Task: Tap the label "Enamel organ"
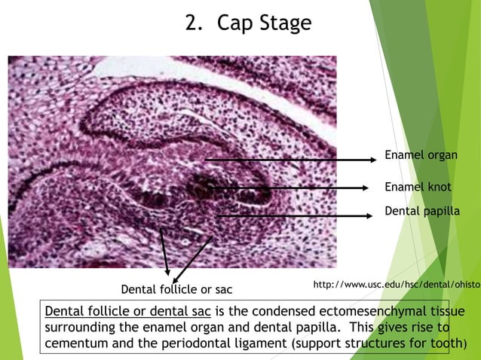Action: coord(421,154)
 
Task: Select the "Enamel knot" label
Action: coord(418,187)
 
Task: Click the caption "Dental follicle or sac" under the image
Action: coord(176,289)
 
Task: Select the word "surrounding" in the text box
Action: coord(83,328)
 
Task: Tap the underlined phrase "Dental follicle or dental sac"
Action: coord(129,312)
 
